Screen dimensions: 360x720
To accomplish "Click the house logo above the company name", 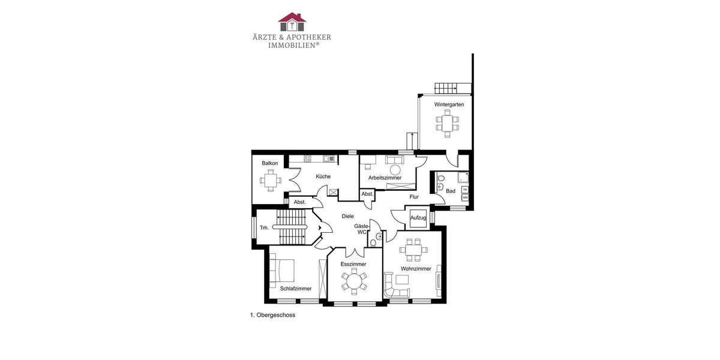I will click(x=292, y=22).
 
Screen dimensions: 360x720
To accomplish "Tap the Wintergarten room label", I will click(x=449, y=104).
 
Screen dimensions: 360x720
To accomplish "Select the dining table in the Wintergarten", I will click(x=447, y=123).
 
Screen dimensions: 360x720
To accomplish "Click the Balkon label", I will click(x=270, y=163).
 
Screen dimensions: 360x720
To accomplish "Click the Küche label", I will click(x=323, y=176).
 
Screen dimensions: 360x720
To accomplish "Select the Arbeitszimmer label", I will click(x=385, y=178).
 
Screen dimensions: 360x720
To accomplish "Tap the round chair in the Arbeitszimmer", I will click(x=395, y=170).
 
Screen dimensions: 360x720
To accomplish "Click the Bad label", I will click(x=451, y=191).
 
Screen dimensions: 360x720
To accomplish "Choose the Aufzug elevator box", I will click(x=418, y=218).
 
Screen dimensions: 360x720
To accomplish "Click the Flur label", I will click(x=414, y=197).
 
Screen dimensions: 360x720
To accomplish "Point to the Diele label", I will click(x=347, y=216).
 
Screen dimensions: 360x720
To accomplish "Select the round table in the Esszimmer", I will click(x=353, y=280).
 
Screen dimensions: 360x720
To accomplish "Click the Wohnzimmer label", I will click(x=416, y=269).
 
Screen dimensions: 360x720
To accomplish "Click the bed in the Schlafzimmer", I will click(x=284, y=270).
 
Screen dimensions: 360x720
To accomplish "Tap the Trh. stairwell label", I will click(x=264, y=228).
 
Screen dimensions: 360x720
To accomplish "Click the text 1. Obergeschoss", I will click(x=272, y=314).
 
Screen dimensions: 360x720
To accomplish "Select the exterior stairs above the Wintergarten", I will click(x=446, y=88).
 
